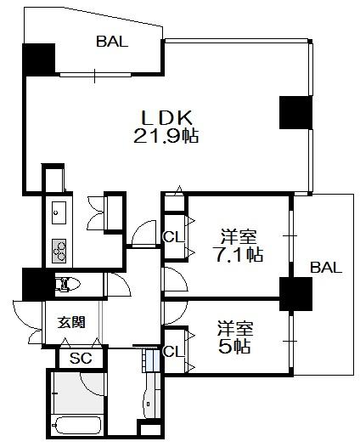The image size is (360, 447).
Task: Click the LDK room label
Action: pos(167,117)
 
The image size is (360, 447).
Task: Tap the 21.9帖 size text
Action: pos(166,136)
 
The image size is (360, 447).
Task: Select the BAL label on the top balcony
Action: pos(112,42)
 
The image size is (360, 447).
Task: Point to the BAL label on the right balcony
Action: pos(326,268)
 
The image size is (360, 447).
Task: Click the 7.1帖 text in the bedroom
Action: pos(238,254)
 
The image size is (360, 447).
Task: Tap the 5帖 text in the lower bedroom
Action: pos(234,346)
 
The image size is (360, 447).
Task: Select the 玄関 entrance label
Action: pos(71,322)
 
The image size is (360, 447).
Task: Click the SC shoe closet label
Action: pos(81,359)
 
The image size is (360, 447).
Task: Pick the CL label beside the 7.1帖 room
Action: pos(174,236)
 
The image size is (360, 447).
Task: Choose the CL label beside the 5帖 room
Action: pos(174,352)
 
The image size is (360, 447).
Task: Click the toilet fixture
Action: pos(67,285)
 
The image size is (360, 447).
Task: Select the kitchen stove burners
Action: pos(59,251)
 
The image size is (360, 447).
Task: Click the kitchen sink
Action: pos(59,212)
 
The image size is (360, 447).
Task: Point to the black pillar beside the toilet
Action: pos(38,284)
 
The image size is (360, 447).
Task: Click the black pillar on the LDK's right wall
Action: pos(296,112)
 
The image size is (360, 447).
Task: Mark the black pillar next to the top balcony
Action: pos(38,59)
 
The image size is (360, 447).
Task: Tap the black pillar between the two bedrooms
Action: pos(296,294)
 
